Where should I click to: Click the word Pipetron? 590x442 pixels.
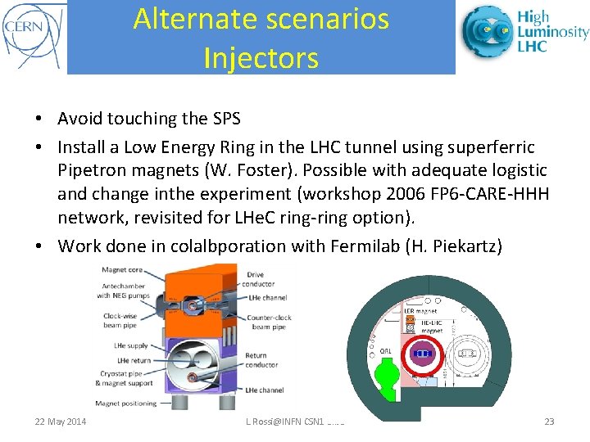pyautogui.click(x=93, y=170)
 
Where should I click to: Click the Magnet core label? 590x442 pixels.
pyautogui.click(x=121, y=270)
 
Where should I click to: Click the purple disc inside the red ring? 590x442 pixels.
pyautogui.click(x=423, y=354)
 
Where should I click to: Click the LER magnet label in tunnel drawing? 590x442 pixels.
pyautogui.click(x=420, y=311)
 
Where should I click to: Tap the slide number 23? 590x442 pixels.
pyautogui.click(x=548, y=422)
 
